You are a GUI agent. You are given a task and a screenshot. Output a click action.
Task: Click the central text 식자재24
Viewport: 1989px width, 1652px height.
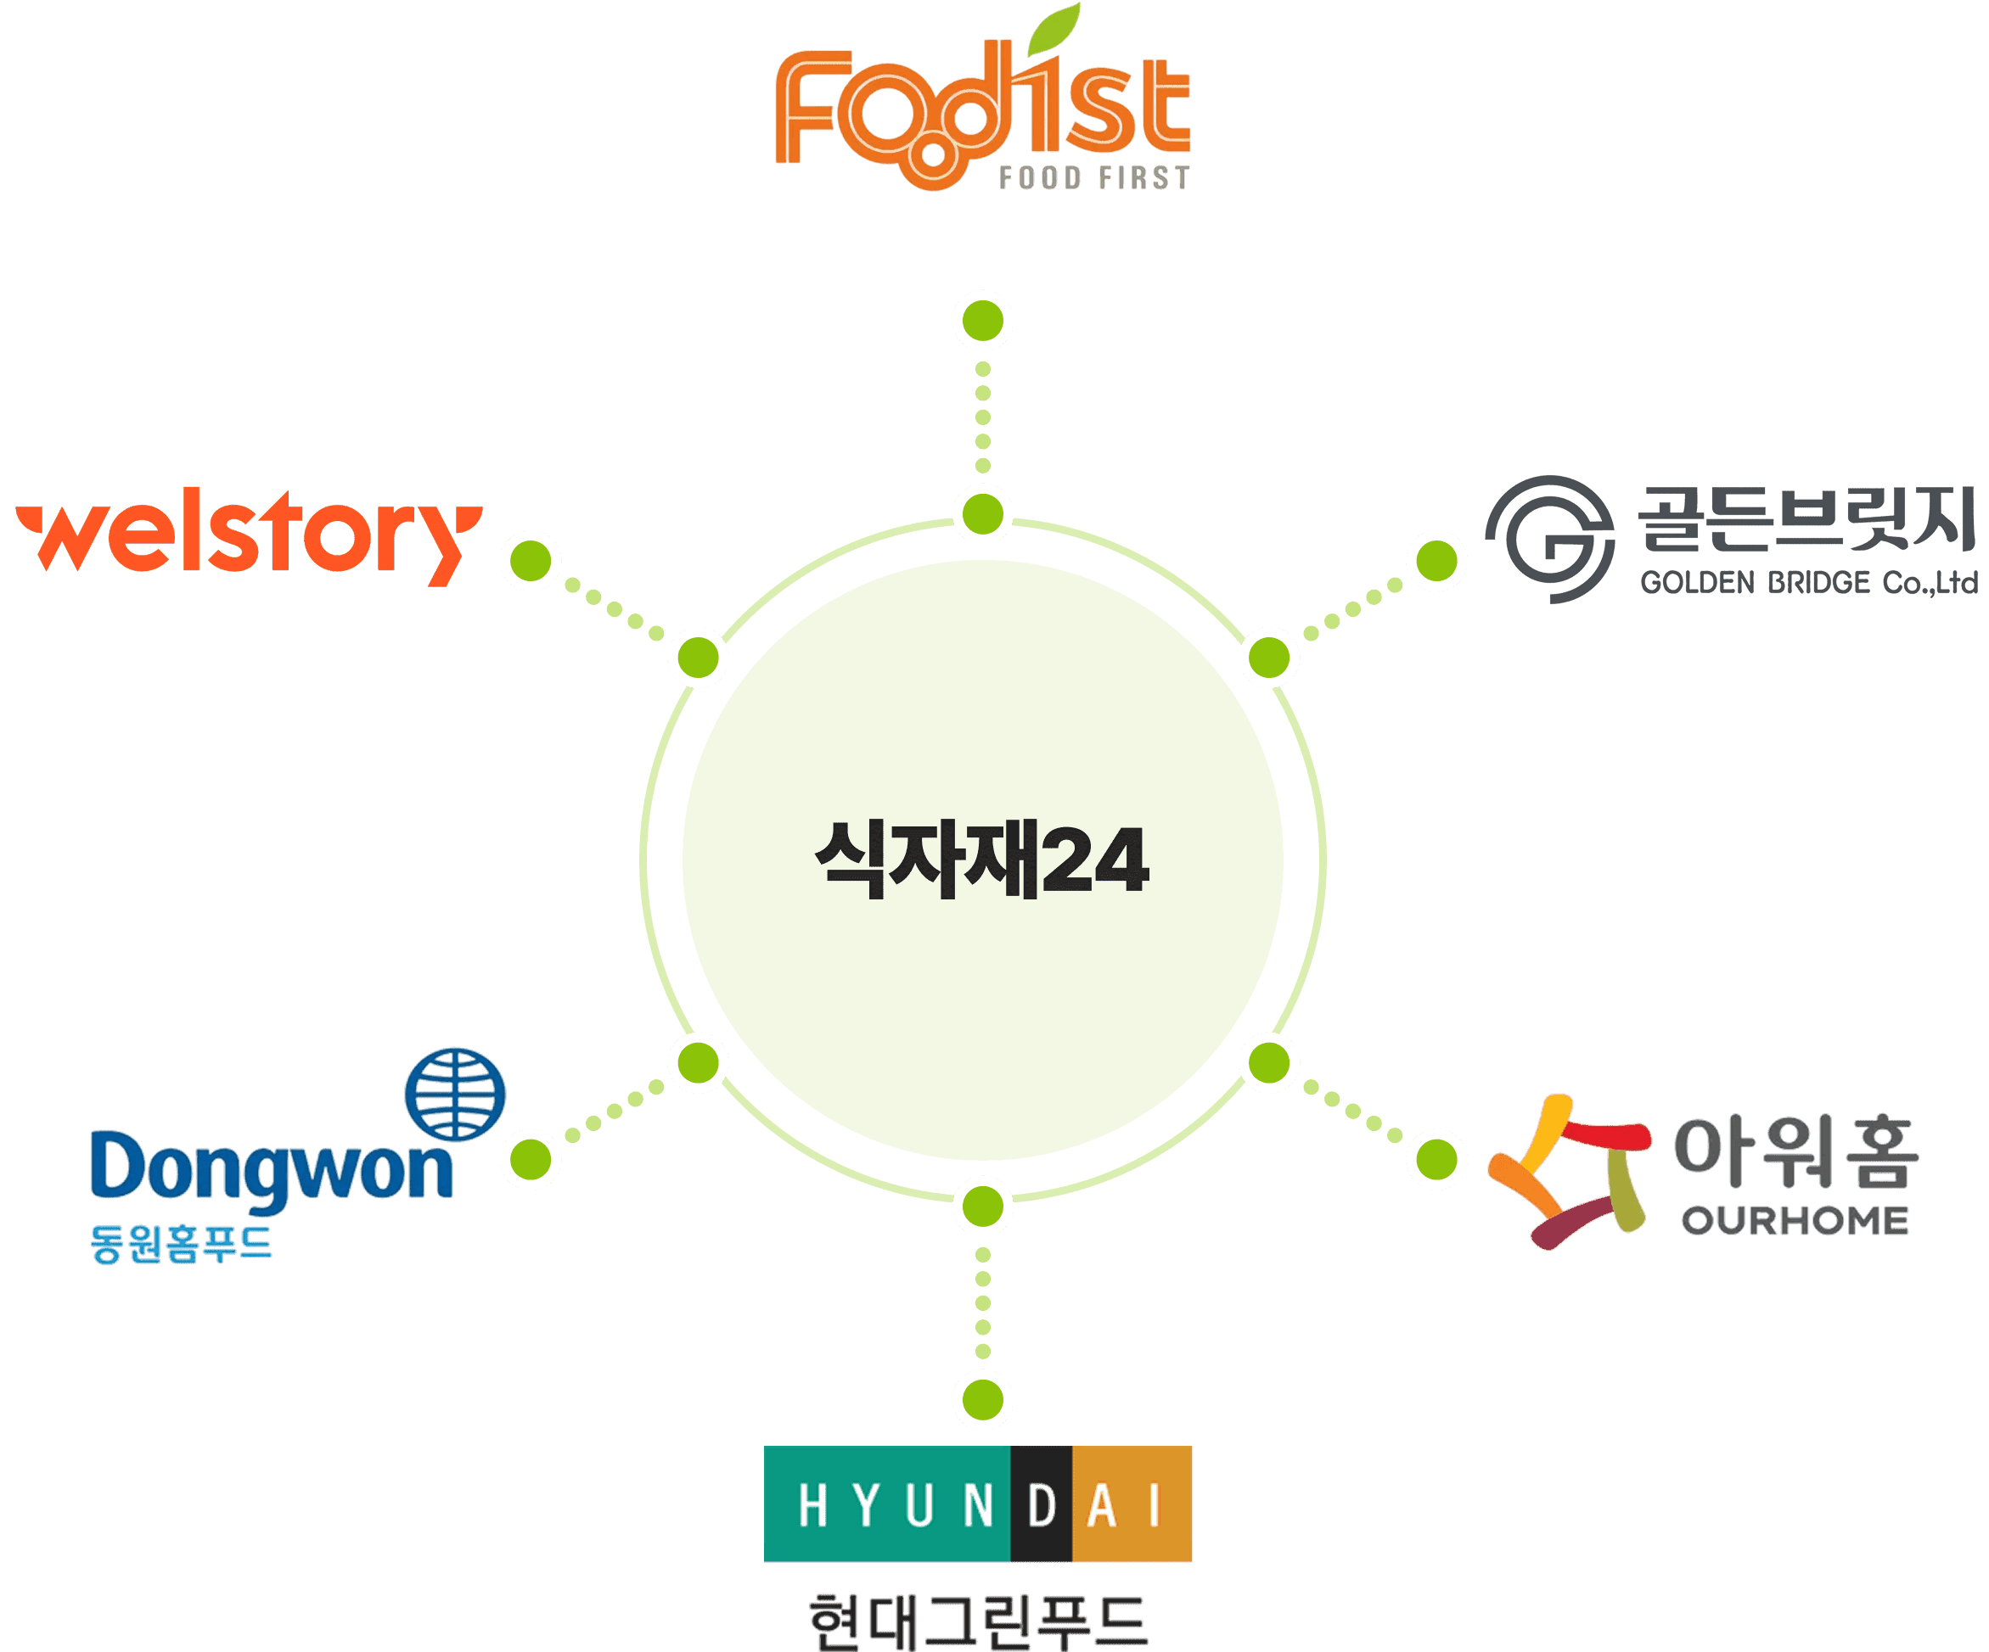tap(982, 860)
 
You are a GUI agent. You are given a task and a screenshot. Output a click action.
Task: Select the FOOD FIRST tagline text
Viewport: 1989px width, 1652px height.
tap(1094, 178)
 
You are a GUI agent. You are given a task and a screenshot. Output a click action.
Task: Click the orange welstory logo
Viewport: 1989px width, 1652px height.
tap(248, 537)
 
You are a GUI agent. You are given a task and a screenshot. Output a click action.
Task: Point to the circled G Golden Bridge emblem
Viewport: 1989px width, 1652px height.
tap(1550, 539)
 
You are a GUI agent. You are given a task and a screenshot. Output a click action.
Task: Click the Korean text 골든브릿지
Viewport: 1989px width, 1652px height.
tap(1806, 518)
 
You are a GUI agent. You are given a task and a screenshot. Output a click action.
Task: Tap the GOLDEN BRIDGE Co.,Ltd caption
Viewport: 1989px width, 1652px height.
tap(1809, 582)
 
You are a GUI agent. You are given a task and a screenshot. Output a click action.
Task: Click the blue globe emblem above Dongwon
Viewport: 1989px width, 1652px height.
tap(455, 1095)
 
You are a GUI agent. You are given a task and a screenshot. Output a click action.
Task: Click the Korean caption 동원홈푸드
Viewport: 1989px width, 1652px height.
tap(181, 1243)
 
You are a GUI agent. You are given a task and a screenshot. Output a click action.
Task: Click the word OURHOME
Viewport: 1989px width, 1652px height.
tap(1795, 1221)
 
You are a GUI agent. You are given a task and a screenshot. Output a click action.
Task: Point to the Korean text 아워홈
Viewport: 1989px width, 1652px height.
tap(1795, 1152)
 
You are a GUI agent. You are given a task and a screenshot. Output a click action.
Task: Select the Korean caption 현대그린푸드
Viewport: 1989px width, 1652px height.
tap(979, 1621)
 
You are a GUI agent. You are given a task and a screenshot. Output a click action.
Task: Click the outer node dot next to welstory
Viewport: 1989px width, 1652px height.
tap(531, 561)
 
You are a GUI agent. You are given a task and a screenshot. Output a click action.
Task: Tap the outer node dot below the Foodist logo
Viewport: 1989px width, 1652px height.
tap(983, 321)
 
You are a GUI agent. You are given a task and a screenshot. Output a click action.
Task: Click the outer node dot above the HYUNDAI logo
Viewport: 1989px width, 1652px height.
tap(983, 1399)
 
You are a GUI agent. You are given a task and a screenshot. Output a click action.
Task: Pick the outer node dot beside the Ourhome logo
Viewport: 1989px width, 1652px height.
tap(1436, 1159)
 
